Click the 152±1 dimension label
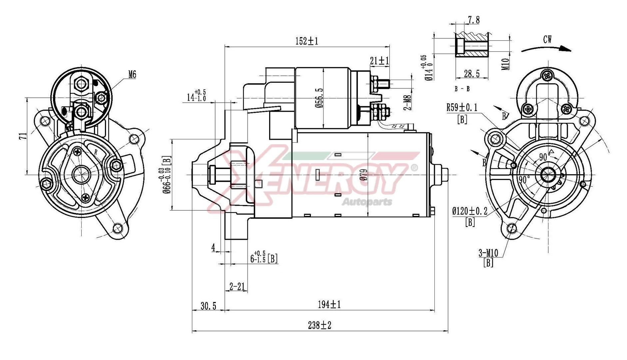point(307,41)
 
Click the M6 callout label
point(132,75)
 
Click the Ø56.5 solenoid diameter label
point(320,98)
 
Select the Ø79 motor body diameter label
point(363,174)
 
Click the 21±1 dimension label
point(379,61)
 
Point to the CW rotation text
point(547,40)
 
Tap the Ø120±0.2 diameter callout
point(470,211)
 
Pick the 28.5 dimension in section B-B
point(471,74)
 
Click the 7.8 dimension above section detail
point(473,20)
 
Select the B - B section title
point(462,89)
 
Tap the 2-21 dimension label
point(237,286)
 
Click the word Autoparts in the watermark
point(367,202)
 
